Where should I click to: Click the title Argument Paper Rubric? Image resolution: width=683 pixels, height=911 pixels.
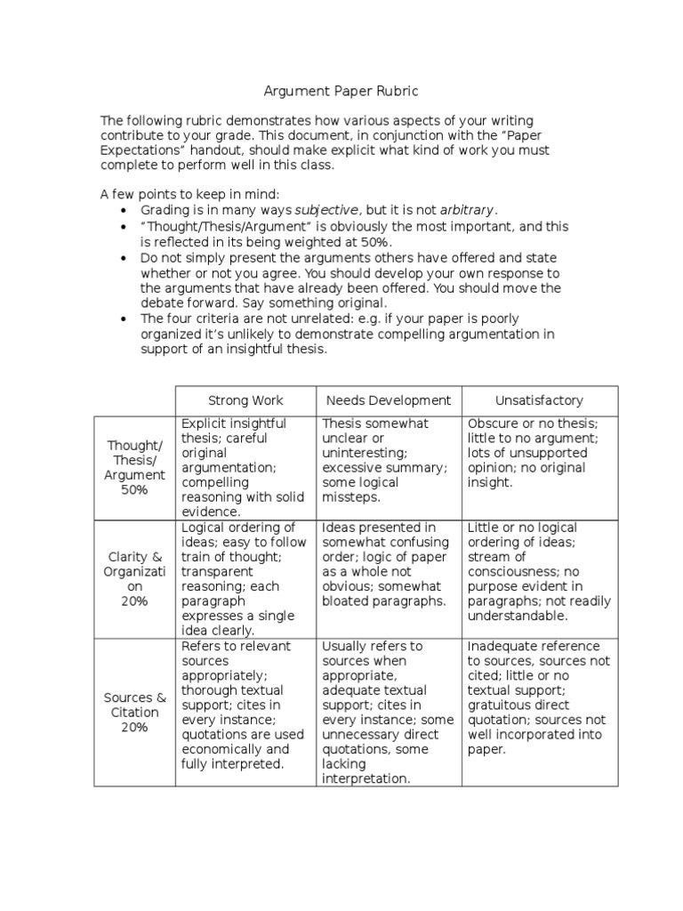click(x=341, y=91)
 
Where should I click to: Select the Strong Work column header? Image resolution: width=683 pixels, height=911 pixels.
click(x=245, y=400)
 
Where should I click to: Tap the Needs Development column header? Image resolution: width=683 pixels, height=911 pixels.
click(x=388, y=400)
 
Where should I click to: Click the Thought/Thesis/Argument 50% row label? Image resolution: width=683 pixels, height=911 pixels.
click(x=134, y=467)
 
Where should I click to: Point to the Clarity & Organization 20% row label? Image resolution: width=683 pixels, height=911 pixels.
click(x=134, y=579)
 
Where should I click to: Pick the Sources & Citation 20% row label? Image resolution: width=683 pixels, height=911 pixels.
click(x=134, y=712)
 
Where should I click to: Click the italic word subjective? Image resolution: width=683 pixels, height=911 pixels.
click(x=326, y=210)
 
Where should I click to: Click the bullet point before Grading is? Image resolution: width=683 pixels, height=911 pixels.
click(x=123, y=211)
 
